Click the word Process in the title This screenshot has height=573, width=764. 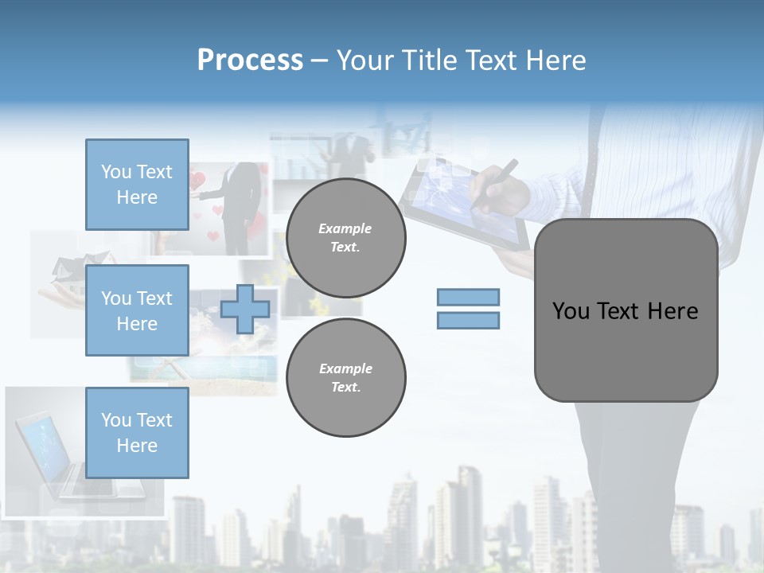click(250, 60)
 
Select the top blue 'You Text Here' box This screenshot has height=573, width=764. click(137, 185)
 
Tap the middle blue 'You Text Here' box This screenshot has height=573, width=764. click(137, 310)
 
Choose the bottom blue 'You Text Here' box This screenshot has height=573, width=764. click(137, 433)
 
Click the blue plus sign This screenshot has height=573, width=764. click(244, 309)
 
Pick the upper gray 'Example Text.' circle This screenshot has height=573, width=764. click(346, 238)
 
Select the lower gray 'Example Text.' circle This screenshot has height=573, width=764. click(346, 378)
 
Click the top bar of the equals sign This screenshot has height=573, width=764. click(468, 297)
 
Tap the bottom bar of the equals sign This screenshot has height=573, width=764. click(468, 321)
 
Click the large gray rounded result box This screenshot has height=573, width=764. click(626, 310)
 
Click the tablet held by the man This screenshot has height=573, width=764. click(446, 199)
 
